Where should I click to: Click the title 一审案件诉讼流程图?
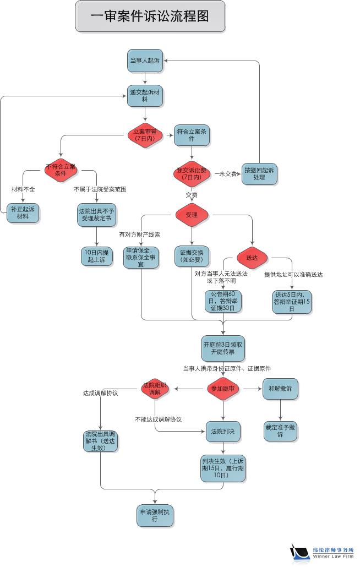point(150,16)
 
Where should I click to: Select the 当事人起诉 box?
point(145,60)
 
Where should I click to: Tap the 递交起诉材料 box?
point(145,95)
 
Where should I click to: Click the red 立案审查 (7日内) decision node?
point(145,135)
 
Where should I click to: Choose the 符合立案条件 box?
point(192,135)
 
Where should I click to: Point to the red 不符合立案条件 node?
point(61,170)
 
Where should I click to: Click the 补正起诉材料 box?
point(23,212)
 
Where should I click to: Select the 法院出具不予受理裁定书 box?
point(96,214)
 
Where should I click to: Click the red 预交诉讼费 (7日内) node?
point(192,173)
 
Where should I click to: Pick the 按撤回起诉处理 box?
point(259,174)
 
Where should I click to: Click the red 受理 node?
point(192,215)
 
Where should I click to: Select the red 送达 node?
point(252,257)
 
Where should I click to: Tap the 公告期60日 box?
point(223,301)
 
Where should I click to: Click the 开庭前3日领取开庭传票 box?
point(223,347)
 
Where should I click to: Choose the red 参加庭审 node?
point(223,389)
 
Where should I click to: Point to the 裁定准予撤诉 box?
point(280,430)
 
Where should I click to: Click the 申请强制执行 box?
point(155,515)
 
